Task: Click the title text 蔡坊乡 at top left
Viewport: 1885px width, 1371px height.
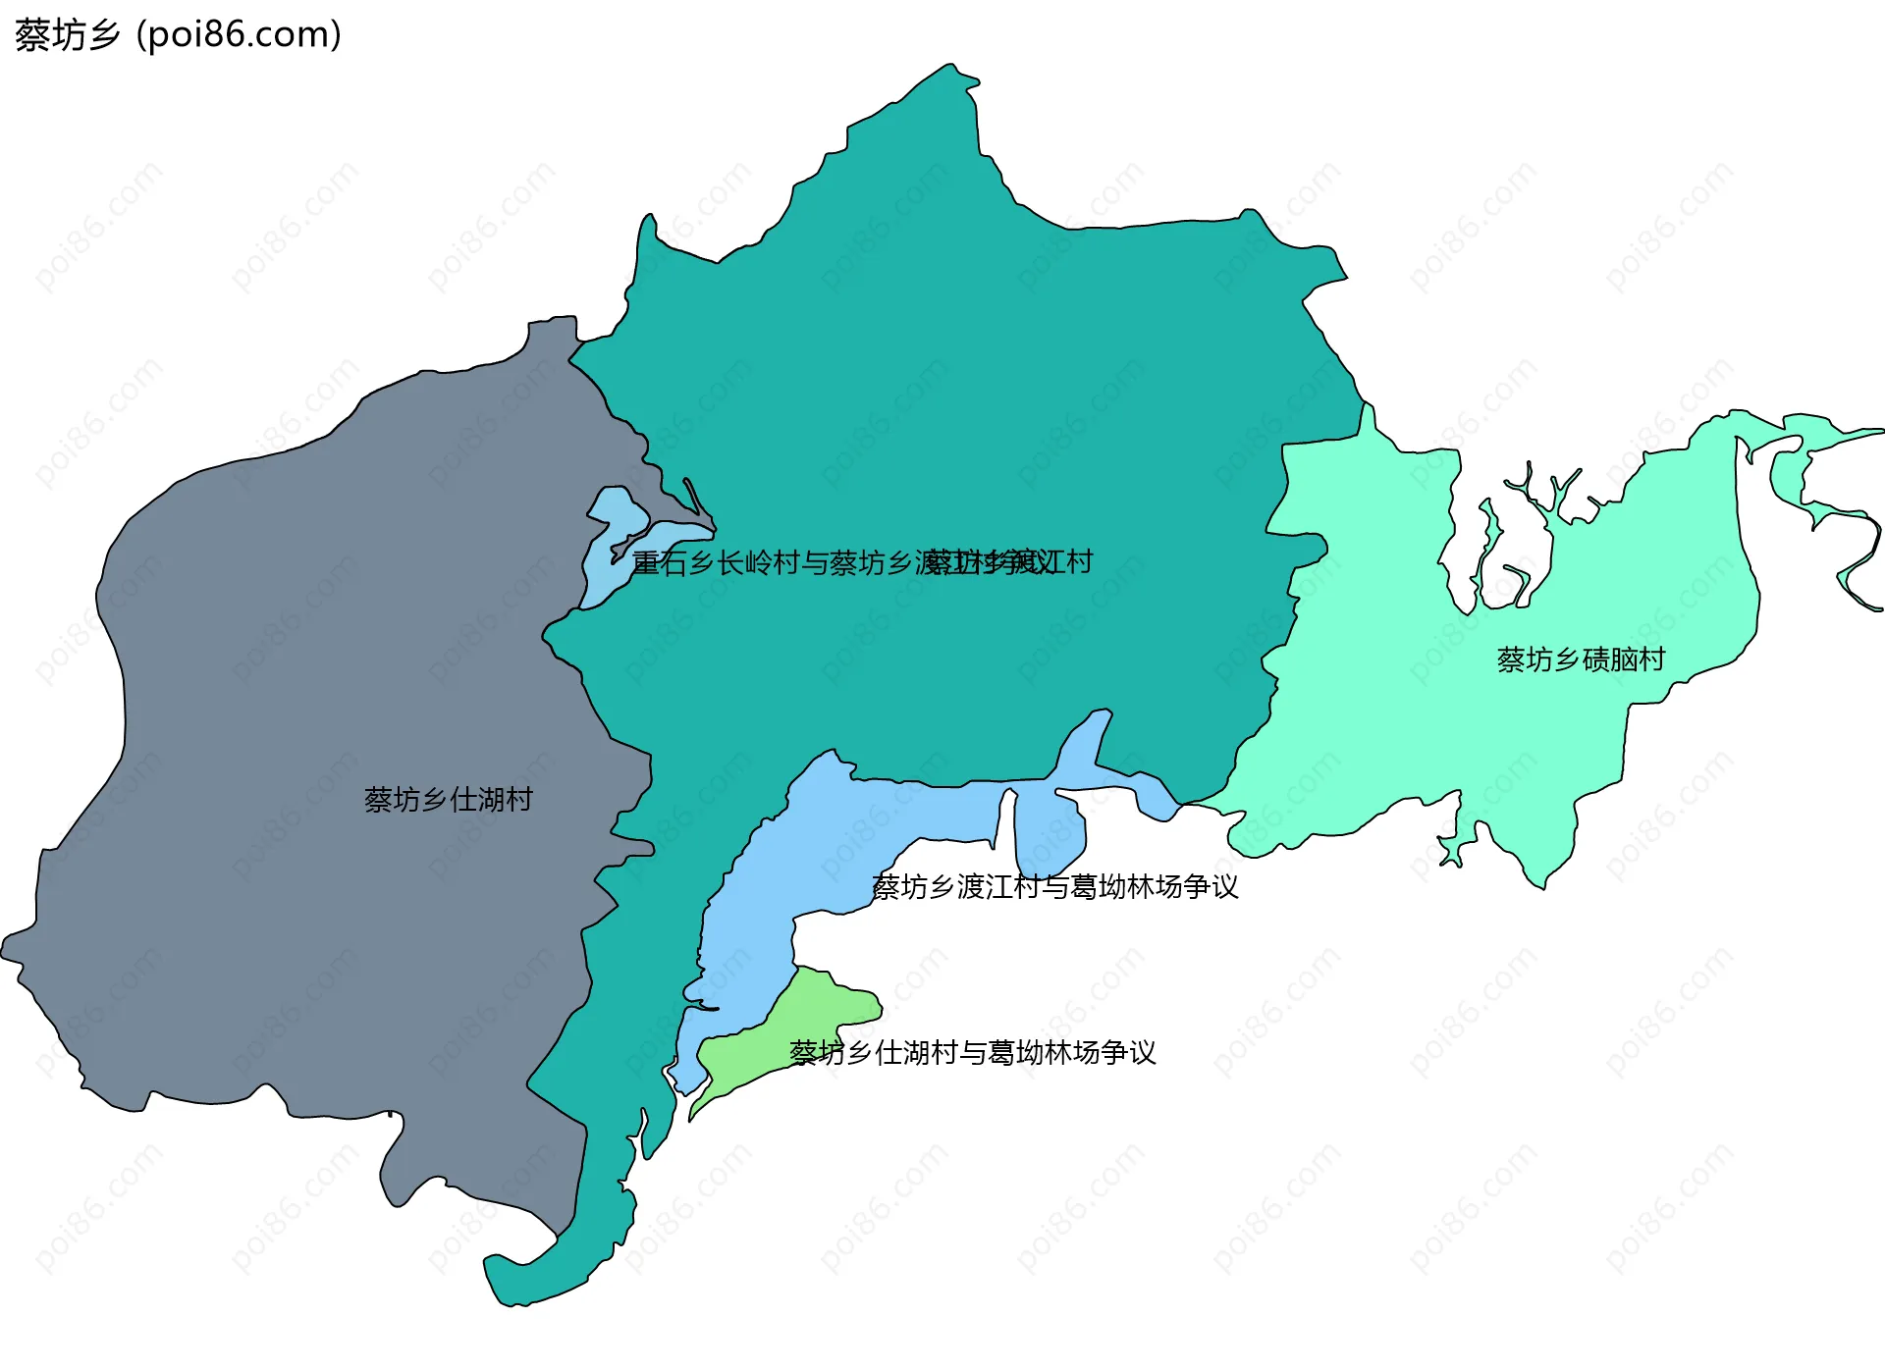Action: pyautogui.click(x=67, y=35)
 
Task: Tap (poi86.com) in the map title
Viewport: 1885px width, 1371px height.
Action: pyautogui.click(x=240, y=35)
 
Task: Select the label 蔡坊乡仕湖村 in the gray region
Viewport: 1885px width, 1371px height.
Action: pyautogui.click(x=448, y=800)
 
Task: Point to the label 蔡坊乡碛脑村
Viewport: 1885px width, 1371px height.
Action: pyautogui.click(x=1581, y=659)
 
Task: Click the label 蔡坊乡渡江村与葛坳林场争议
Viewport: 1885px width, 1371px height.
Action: pyautogui.click(x=1055, y=887)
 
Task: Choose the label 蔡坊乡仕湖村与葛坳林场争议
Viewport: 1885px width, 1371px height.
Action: pyautogui.click(x=973, y=1053)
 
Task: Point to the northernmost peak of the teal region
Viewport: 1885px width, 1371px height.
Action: pyautogui.click(x=949, y=67)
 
